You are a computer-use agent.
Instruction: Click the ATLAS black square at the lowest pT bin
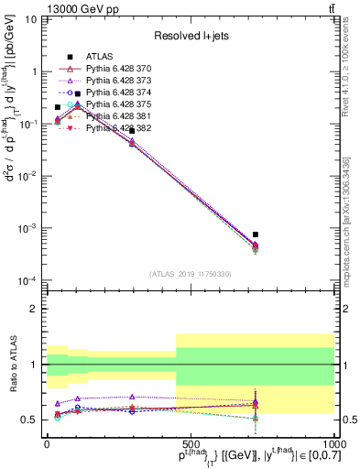58,107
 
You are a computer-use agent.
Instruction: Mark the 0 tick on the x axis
47,442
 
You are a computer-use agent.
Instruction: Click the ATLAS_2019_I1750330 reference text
190,274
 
